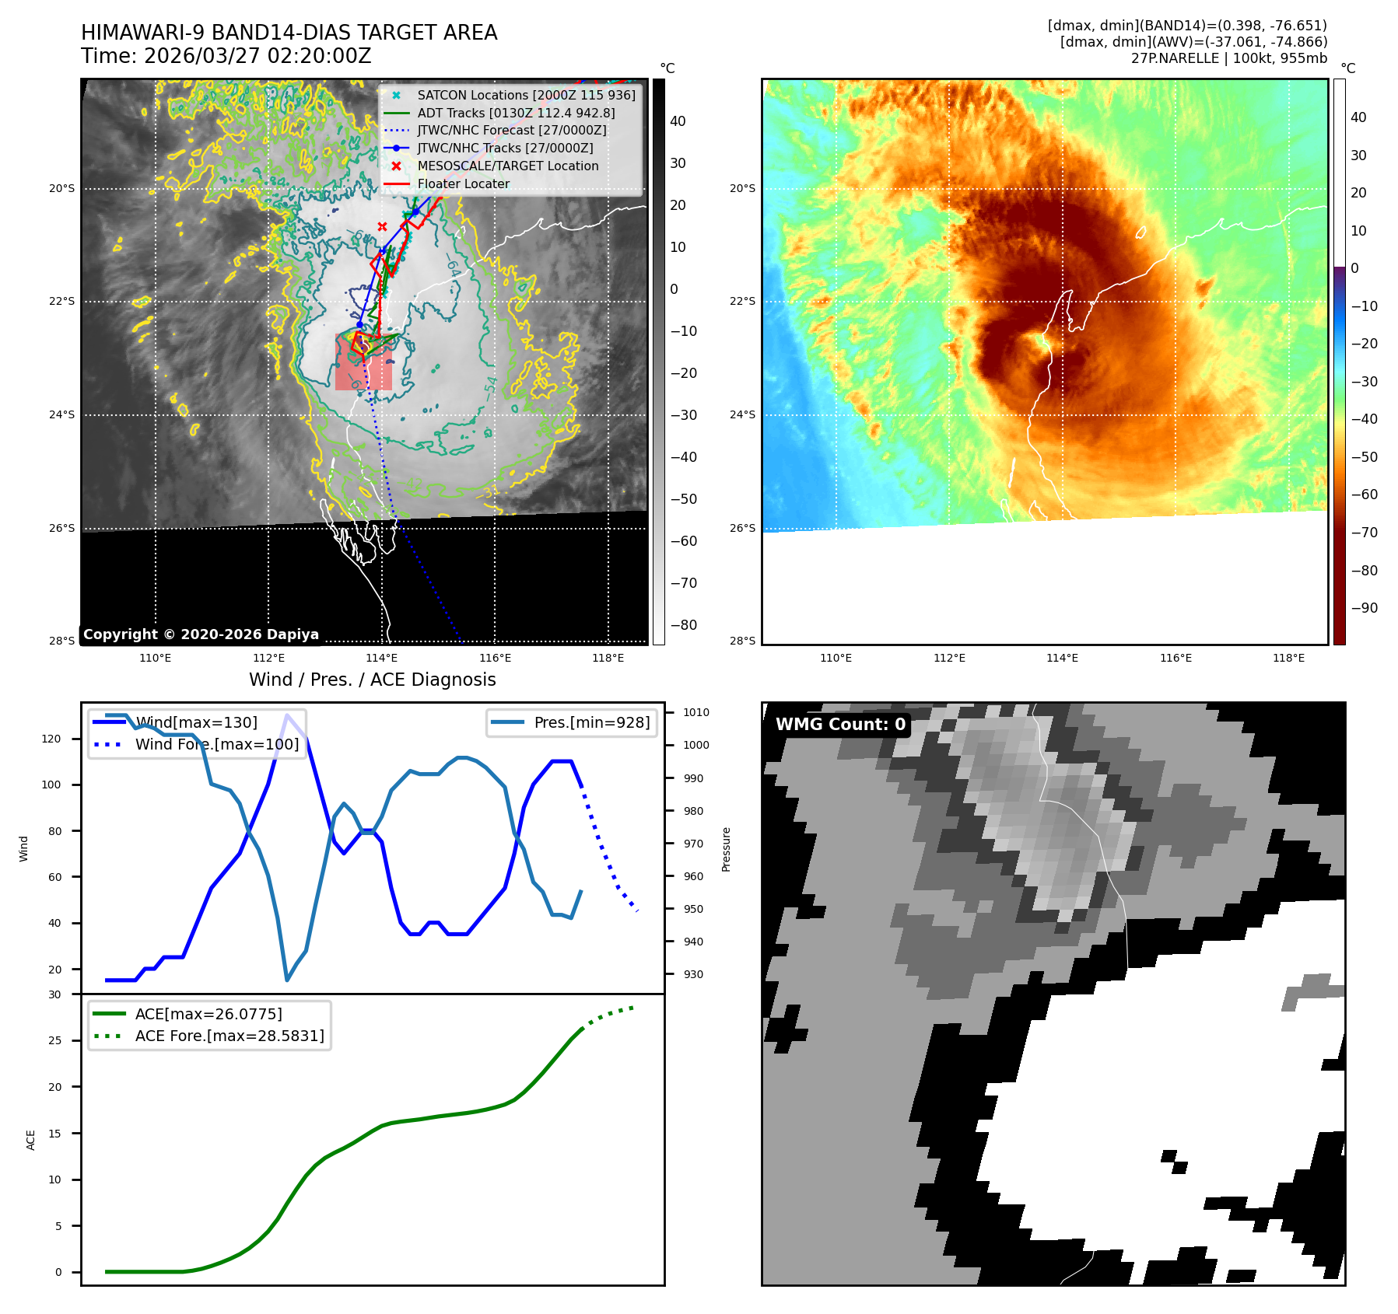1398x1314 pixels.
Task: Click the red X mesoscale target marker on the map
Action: (x=382, y=227)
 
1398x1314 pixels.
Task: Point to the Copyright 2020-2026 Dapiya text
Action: (x=201, y=634)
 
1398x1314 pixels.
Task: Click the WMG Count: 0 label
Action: (x=840, y=725)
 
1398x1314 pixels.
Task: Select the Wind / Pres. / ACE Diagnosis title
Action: (x=372, y=680)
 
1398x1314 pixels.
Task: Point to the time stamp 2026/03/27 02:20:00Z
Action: (x=258, y=56)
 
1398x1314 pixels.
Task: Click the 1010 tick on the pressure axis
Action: (x=696, y=712)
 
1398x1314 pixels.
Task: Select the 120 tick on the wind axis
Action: (x=51, y=739)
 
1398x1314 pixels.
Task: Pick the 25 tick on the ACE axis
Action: (x=54, y=1040)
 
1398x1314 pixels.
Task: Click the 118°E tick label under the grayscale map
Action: (x=608, y=658)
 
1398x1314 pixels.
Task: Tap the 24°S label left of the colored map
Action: (x=742, y=414)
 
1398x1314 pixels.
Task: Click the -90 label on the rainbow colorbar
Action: (x=1364, y=608)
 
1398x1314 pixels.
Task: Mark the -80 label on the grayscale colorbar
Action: (x=684, y=625)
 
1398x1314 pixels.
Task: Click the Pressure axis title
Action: (x=726, y=849)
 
